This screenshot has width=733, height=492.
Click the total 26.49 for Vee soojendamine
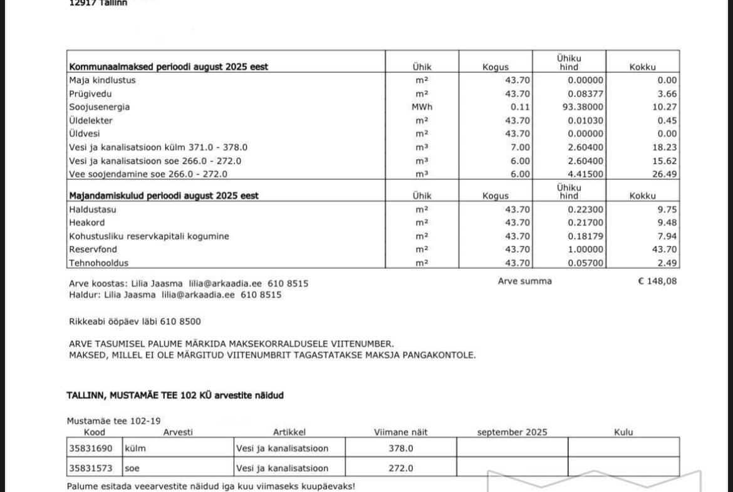(x=664, y=174)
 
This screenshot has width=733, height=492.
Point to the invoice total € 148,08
(x=657, y=281)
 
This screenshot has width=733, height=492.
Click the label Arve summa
(x=524, y=281)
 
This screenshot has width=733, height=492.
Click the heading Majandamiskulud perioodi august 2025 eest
(x=164, y=196)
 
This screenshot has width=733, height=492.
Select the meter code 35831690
(x=94, y=448)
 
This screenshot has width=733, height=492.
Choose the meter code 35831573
(x=94, y=468)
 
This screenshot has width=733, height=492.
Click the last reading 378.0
(x=401, y=448)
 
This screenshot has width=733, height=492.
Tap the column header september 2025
(x=512, y=432)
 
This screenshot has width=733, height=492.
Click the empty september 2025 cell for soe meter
(x=512, y=468)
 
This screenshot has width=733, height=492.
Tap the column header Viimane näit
(x=400, y=432)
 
